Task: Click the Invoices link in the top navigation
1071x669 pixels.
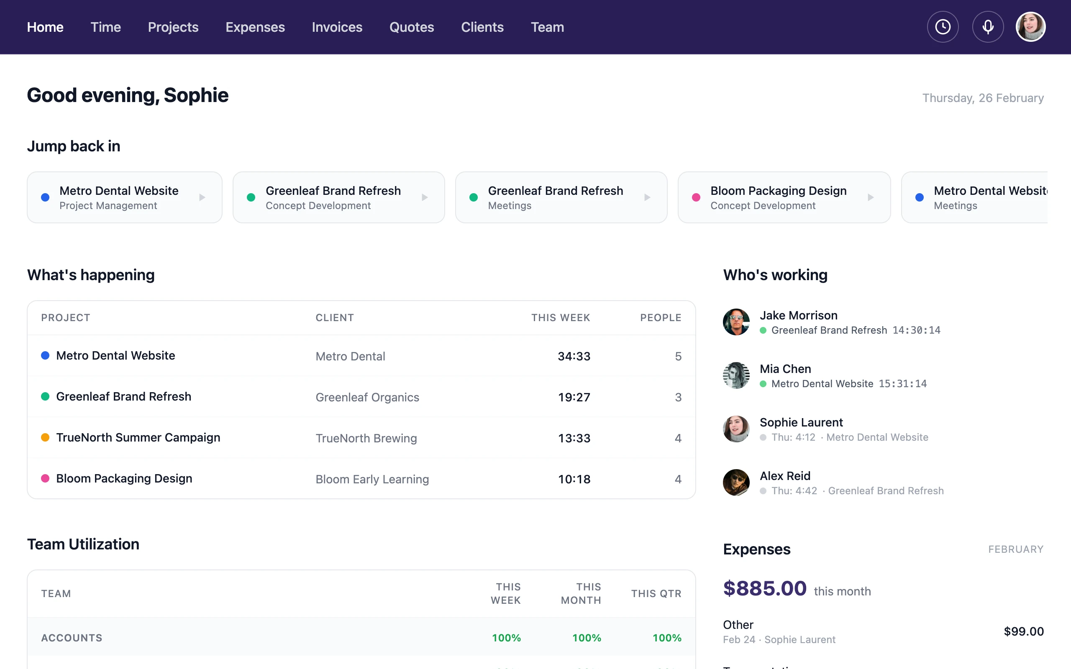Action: (x=337, y=28)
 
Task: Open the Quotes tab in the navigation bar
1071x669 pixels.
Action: (x=412, y=28)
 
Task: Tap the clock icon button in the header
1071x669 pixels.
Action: (x=943, y=27)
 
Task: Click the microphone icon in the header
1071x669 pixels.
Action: (x=988, y=27)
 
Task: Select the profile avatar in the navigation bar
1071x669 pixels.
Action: (x=1031, y=27)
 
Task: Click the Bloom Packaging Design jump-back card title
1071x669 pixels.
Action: (x=779, y=191)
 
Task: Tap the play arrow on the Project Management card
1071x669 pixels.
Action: (x=202, y=197)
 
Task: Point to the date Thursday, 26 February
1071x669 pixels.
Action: (x=982, y=98)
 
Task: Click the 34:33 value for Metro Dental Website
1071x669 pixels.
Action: (x=574, y=356)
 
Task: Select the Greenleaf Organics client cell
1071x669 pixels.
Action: (x=367, y=397)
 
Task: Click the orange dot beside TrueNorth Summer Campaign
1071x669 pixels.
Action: (x=45, y=438)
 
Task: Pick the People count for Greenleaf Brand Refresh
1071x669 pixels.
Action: (x=678, y=397)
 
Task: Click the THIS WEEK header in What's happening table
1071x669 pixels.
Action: (x=560, y=318)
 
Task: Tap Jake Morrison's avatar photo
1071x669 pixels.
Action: (x=736, y=322)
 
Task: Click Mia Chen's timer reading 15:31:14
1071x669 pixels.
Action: (x=902, y=383)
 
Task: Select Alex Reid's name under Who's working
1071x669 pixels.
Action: (x=785, y=476)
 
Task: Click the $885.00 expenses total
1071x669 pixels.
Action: (x=765, y=588)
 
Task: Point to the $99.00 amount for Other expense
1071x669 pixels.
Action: (x=1023, y=631)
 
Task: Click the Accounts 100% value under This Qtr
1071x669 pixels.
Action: (x=666, y=638)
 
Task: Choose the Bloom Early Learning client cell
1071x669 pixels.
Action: (x=372, y=479)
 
